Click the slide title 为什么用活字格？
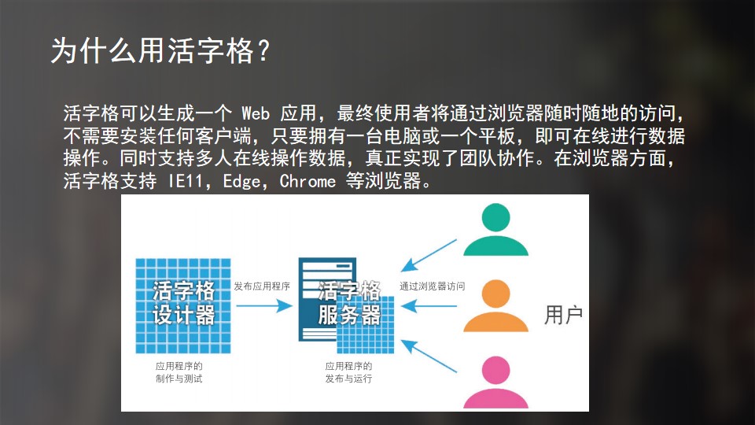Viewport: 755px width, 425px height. [x=160, y=51]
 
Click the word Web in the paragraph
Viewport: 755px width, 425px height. [x=255, y=113]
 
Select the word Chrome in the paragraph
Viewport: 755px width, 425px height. [x=308, y=181]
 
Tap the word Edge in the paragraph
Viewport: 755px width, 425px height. [x=241, y=182]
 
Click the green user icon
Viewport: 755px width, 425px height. [x=495, y=229]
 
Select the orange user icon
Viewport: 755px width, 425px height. [x=495, y=305]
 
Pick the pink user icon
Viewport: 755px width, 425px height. [x=495, y=382]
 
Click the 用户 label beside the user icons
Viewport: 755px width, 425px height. [x=563, y=315]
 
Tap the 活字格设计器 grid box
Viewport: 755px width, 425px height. [x=183, y=306]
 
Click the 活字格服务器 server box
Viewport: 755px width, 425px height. [x=346, y=305]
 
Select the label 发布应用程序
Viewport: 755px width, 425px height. [x=262, y=286]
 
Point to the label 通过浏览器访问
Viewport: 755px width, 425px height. [x=433, y=286]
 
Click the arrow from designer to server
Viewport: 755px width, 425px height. [x=264, y=305]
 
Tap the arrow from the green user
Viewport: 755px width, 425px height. [x=429, y=255]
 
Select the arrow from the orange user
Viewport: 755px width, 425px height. [x=429, y=306]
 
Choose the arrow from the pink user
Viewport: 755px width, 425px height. [x=429, y=356]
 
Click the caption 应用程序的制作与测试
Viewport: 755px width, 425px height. [x=179, y=372]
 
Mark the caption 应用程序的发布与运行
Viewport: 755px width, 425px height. [x=348, y=372]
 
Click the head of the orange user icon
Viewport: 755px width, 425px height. [x=496, y=294]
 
